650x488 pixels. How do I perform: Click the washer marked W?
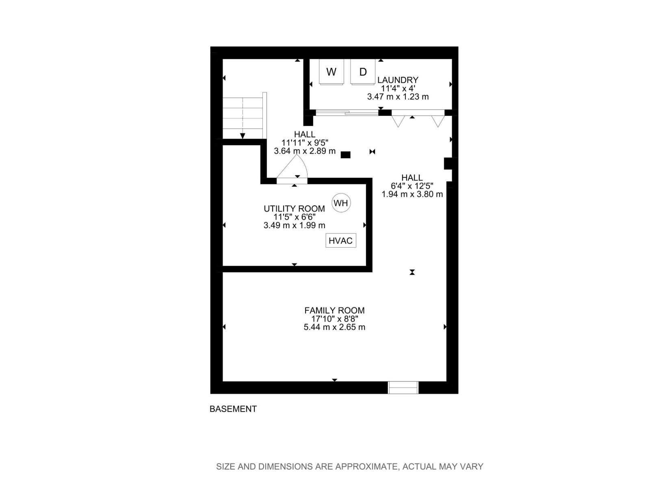pos(331,72)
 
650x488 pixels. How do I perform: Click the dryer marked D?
pos(363,72)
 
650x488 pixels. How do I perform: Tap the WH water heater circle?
pos(341,203)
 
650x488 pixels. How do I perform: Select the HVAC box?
pos(340,241)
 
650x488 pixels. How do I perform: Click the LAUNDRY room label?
pos(398,80)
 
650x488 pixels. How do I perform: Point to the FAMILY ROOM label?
pos(334,310)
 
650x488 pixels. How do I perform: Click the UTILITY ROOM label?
pos(294,209)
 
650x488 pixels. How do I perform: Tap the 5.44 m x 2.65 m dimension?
pos(334,327)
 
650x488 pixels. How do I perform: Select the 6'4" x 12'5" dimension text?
pos(412,186)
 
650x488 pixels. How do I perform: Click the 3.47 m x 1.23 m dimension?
pos(398,97)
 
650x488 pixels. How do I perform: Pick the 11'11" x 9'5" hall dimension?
pos(305,143)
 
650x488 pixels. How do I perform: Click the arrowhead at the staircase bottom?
pos(243,136)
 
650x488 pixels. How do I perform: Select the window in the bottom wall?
pos(403,388)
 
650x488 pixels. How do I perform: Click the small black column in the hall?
pos(345,155)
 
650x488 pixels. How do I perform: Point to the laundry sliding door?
pos(347,113)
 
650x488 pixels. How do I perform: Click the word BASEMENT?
pos(233,409)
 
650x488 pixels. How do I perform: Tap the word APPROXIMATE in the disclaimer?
pos(365,466)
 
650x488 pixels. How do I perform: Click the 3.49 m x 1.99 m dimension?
pos(294,225)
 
